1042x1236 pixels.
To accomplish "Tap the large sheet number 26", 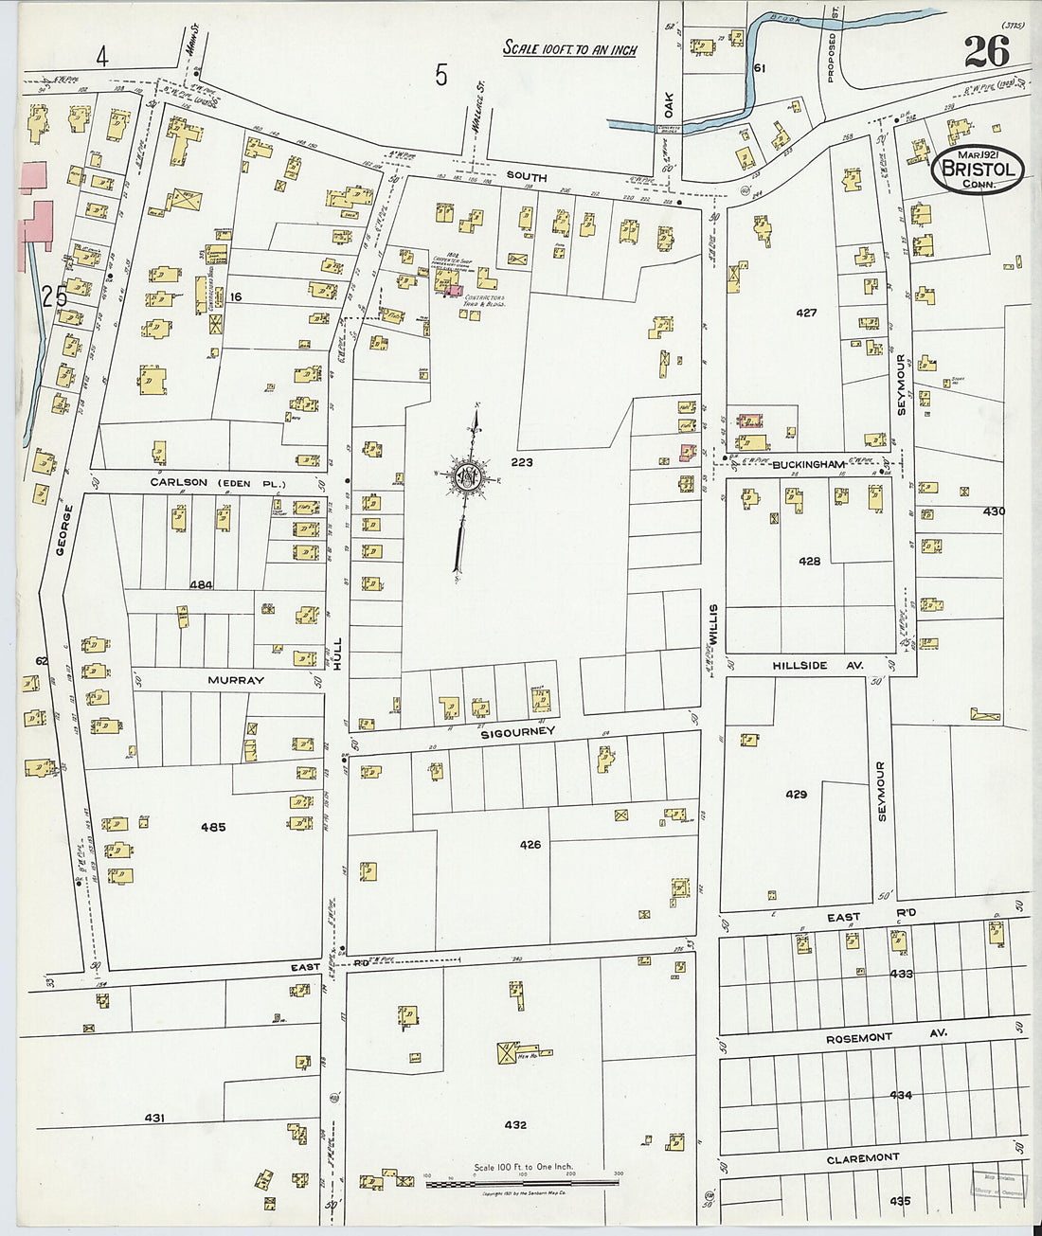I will (x=987, y=50).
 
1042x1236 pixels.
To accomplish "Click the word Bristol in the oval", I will (x=978, y=170).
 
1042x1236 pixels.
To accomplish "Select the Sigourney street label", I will (x=517, y=732).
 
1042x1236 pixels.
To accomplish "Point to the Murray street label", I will (x=236, y=680).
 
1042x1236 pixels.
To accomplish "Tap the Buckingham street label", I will (x=807, y=465).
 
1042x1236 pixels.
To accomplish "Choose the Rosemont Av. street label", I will (x=858, y=1038).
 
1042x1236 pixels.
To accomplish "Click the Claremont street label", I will (x=862, y=1158).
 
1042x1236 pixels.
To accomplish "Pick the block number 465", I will (x=213, y=827).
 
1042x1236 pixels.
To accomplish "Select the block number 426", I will (x=530, y=844).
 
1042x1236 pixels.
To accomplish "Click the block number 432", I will (x=515, y=1125).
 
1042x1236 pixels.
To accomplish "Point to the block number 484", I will (x=200, y=584).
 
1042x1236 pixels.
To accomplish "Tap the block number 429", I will (x=796, y=794).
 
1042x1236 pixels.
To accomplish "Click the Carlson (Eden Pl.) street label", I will (x=217, y=482).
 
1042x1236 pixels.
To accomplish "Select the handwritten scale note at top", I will (x=569, y=48).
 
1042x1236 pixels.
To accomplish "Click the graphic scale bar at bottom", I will (x=523, y=1182).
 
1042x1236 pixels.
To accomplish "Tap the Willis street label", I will (x=713, y=625).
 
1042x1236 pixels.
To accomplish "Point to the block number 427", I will (x=805, y=312).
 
